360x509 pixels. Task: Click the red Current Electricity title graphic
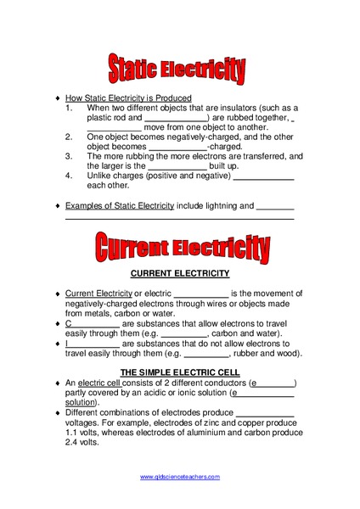coord(183,248)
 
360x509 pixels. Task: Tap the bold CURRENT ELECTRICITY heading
coord(180,274)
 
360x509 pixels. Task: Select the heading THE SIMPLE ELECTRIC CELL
coord(180,372)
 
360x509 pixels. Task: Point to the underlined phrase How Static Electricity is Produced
coord(128,98)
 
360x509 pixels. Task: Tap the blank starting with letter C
coord(91,324)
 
